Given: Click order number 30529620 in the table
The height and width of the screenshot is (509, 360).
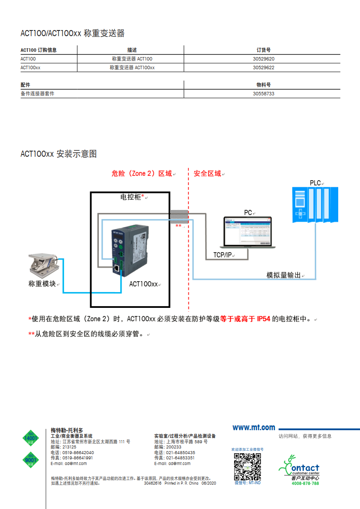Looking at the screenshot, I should pos(263,59).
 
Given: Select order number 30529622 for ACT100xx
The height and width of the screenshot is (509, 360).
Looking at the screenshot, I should pos(263,67).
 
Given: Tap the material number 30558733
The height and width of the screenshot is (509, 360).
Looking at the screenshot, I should pos(263,94).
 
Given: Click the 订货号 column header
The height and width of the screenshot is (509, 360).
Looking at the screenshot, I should pos(263,50).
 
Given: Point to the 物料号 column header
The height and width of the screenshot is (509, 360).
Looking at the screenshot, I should pos(263,85).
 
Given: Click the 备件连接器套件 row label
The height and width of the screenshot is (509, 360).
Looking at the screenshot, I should pos(37,94).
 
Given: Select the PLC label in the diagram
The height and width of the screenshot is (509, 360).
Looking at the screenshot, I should pos(315,183).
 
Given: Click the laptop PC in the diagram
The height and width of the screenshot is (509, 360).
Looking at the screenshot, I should pos(247,233).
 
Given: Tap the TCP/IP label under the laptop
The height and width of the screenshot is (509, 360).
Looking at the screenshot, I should pos(222,255).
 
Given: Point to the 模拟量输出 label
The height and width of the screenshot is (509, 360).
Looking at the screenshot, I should pos(284,275).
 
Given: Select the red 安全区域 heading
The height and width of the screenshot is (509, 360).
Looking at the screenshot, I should pos(207,173).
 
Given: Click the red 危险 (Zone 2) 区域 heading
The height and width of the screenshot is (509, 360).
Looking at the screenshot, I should pos(141,173).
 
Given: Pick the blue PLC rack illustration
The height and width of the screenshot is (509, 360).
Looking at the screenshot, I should pos(316,205).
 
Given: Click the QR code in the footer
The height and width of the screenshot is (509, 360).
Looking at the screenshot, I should pos(247,466).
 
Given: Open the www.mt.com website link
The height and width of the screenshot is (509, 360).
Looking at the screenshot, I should pos(254,428).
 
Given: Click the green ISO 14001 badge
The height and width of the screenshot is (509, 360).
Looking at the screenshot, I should pos(30,438).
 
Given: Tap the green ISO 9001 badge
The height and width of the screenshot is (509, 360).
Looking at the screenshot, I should pos(30,460).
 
